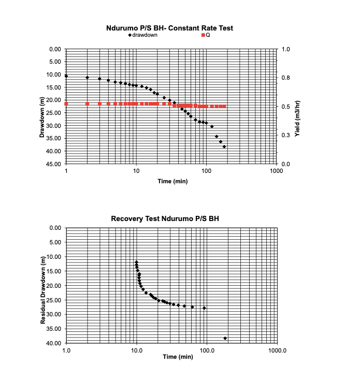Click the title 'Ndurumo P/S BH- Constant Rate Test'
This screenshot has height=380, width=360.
coord(169,28)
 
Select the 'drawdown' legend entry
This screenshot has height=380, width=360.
coord(145,35)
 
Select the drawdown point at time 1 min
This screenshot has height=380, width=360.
coord(66,76)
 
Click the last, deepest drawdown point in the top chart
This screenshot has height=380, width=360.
coord(224,147)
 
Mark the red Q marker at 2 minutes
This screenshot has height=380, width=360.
coord(87,104)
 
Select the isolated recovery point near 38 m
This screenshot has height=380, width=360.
coord(225,338)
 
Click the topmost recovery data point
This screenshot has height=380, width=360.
coord(136,262)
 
